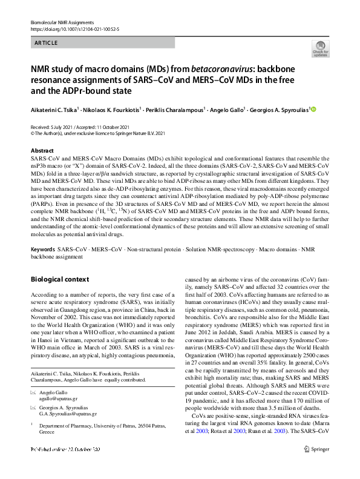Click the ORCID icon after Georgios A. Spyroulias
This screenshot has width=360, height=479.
[x=313, y=110]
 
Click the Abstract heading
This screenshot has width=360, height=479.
[x=42, y=150]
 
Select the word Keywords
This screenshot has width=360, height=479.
[x=42, y=249]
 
